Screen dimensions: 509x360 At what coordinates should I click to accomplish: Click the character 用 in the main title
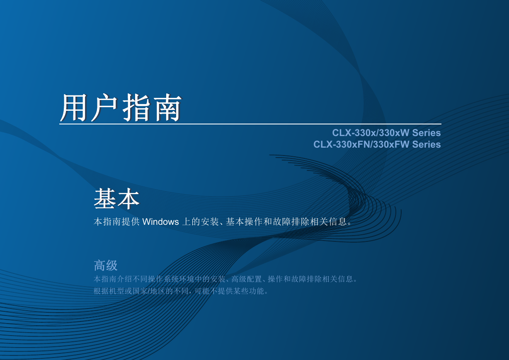pyautogui.click(x=74, y=107)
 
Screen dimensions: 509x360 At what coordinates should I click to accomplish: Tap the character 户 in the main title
pyautogui.click(x=104, y=107)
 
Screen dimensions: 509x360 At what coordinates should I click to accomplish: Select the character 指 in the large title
pyautogui.click(x=136, y=107)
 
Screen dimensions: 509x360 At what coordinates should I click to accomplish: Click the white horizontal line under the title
pyautogui.click(x=250, y=124)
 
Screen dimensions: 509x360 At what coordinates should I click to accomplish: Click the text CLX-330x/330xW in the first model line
pyautogui.click(x=371, y=133)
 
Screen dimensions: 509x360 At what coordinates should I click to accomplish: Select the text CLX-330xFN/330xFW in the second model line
pyautogui.click(x=361, y=144)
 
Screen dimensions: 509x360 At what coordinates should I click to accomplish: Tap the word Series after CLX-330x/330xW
pyautogui.click(x=427, y=133)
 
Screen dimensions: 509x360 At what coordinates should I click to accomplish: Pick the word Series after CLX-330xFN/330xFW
pyautogui.click(x=427, y=144)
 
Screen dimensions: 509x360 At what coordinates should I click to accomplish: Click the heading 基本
pyautogui.click(x=116, y=199)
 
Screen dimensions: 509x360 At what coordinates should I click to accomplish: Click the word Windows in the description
pyautogui.click(x=160, y=222)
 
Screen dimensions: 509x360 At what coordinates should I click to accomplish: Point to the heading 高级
pyautogui.click(x=106, y=265)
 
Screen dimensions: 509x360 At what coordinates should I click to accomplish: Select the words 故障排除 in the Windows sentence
pyautogui.click(x=291, y=222)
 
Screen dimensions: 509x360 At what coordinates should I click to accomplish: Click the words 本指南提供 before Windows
pyautogui.click(x=116, y=222)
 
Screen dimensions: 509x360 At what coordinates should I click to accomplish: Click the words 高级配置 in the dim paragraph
pyautogui.click(x=247, y=279)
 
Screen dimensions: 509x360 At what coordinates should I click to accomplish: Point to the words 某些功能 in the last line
pyautogui.click(x=249, y=291)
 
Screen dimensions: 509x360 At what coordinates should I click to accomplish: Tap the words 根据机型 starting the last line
pyautogui.click(x=109, y=291)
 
